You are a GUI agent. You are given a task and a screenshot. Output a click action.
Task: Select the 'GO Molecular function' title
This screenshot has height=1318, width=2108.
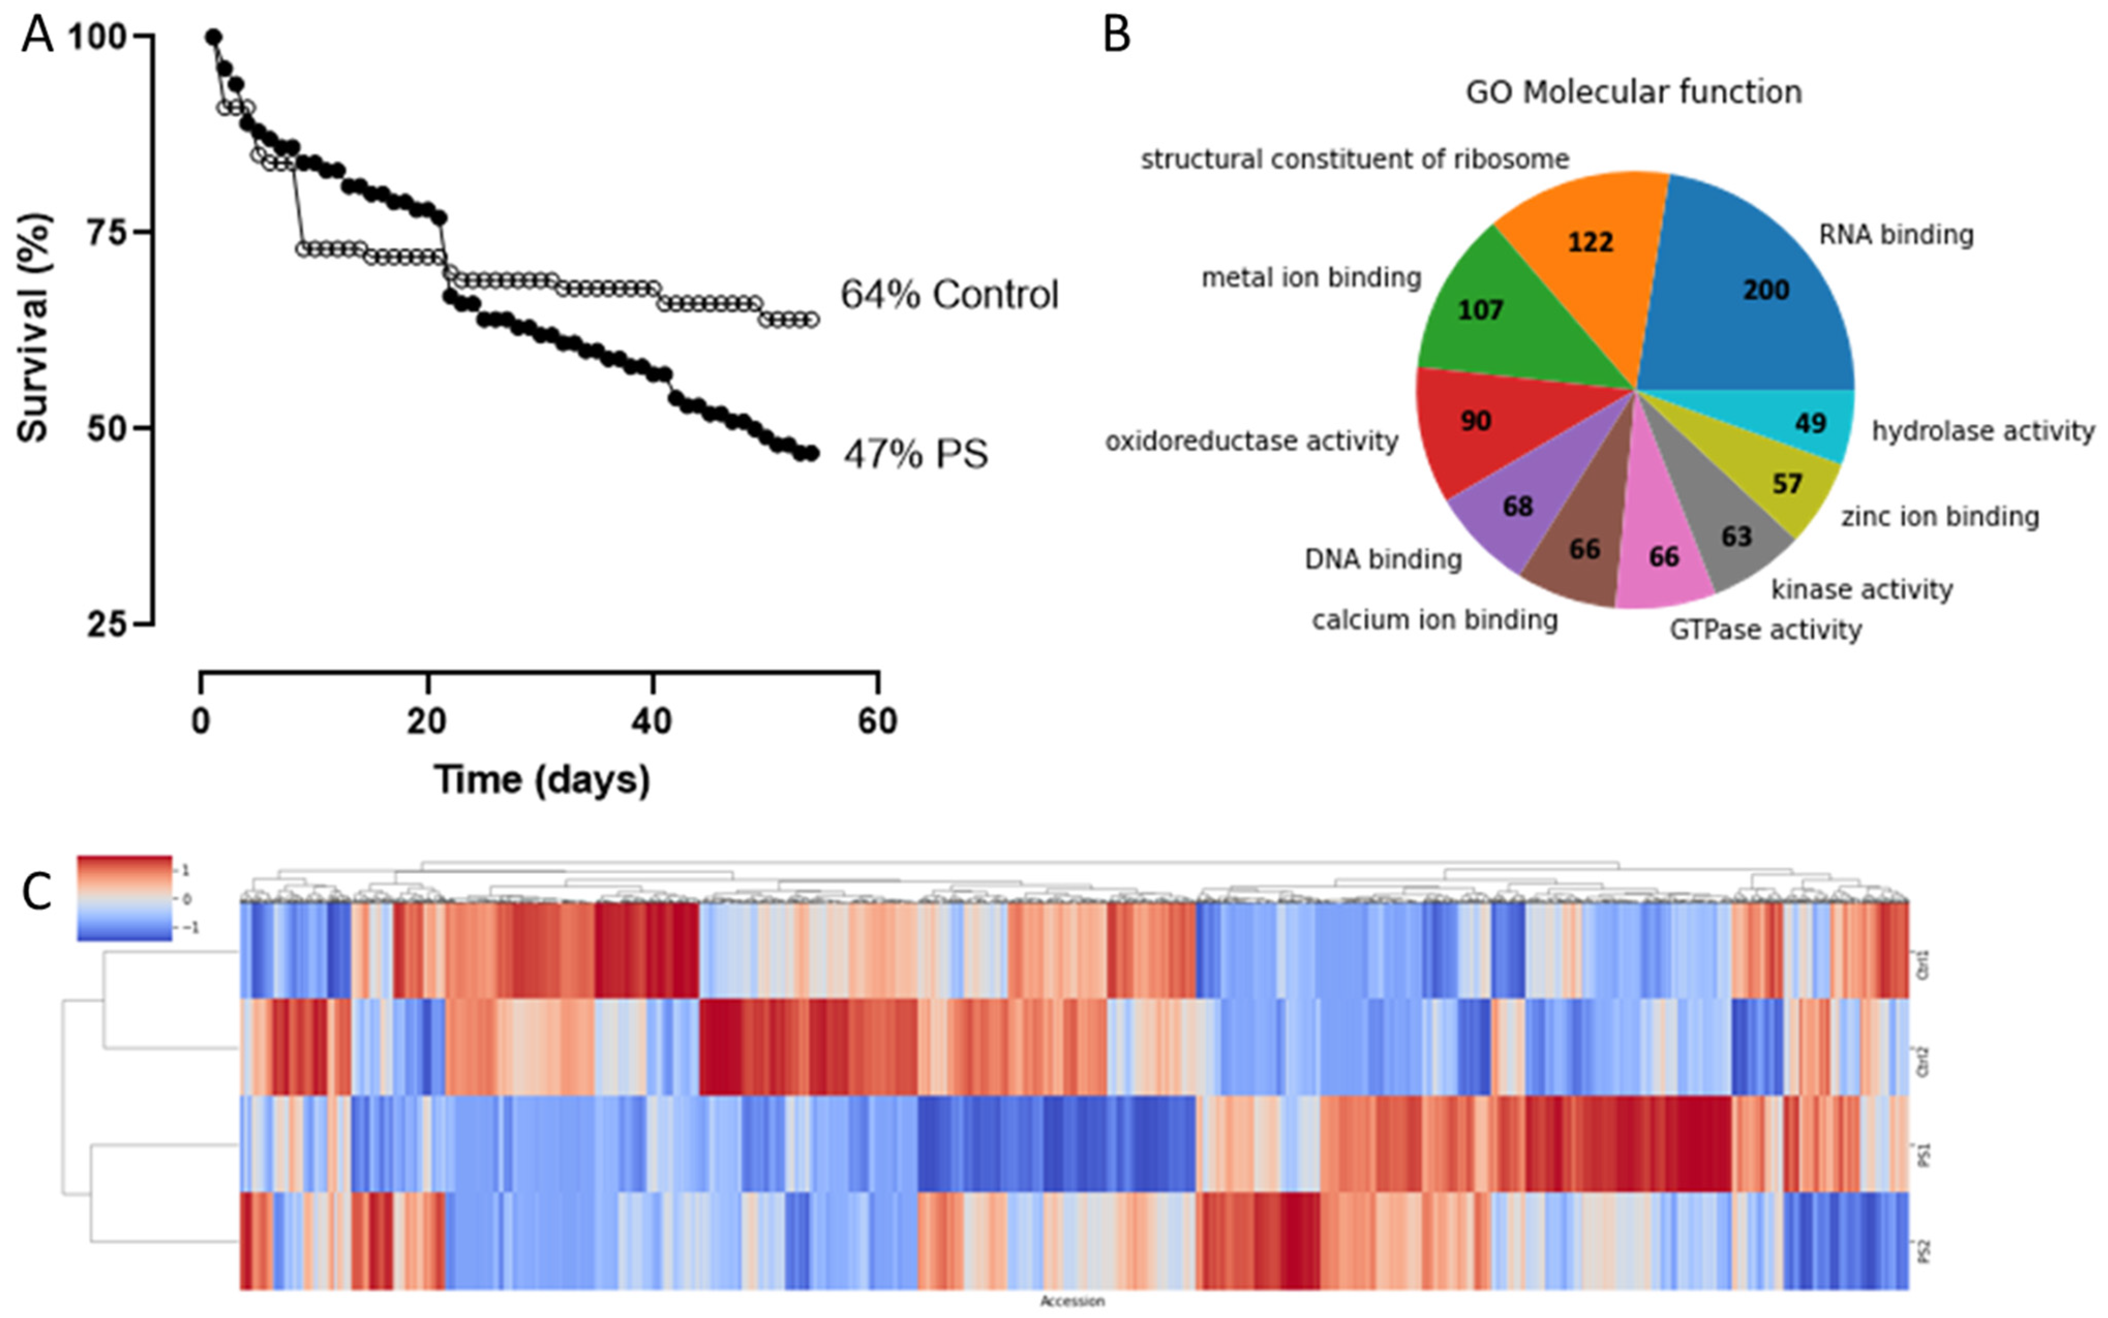tap(1633, 92)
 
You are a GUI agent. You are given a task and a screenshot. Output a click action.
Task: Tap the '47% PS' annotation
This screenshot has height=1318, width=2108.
tap(915, 454)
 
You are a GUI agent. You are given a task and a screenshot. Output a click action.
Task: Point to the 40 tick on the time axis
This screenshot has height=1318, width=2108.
tap(652, 721)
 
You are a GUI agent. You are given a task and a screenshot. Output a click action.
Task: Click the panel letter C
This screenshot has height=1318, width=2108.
tap(37, 892)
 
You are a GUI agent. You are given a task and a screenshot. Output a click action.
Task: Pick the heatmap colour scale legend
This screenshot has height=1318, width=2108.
tap(125, 898)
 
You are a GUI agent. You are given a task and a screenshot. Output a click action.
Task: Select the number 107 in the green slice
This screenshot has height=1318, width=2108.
tap(1480, 310)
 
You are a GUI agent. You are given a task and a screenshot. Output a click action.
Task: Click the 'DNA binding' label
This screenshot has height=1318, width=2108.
tap(1383, 559)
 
